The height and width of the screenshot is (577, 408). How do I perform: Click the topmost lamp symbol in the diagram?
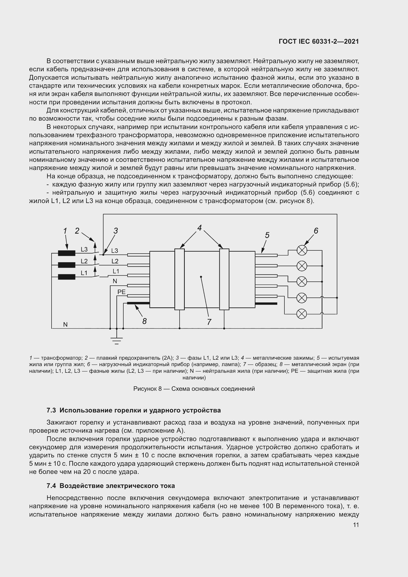pyautogui.click(x=302, y=250)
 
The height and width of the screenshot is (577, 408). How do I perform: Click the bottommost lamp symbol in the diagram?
pyautogui.click(x=302, y=314)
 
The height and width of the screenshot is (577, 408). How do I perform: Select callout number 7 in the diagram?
pyautogui.click(x=209, y=322)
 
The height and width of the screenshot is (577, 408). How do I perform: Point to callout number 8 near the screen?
pyautogui.click(x=144, y=321)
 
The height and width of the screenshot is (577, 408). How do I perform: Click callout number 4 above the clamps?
pyautogui.click(x=200, y=228)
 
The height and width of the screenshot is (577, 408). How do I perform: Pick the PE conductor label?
pyautogui.click(x=121, y=292)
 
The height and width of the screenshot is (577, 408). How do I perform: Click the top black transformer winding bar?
pyautogui.click(x=67, y=253)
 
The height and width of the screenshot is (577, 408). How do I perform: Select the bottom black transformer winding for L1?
pyautogui.click(x=67, y=277)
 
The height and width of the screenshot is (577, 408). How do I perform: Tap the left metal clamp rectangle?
pyautogui.click(x=179, y=279)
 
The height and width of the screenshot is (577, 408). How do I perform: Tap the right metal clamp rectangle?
pyautogui.click(x=224, y=279)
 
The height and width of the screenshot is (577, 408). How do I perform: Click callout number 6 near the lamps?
pyautogui.click(x=316, y=231)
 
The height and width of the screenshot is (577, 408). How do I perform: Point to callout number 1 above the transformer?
pyautogui.click(x=65, y=231)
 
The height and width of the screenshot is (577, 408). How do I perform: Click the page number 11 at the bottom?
pyautogui.click(x=356, y=525)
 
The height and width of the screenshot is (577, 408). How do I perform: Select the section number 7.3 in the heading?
pyautogui.click(x=51, y=410)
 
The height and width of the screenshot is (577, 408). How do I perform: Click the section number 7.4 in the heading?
pyautogui.click(x=51, y=486)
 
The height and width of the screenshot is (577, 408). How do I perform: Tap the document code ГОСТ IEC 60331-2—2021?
pyautogui.click(x=318, y=41)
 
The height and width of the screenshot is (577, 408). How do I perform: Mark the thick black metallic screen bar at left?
pyautogui.click(x=138, y=303)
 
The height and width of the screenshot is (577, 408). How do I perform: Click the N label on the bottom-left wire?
pyautogui.click(x=65, y=324)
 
